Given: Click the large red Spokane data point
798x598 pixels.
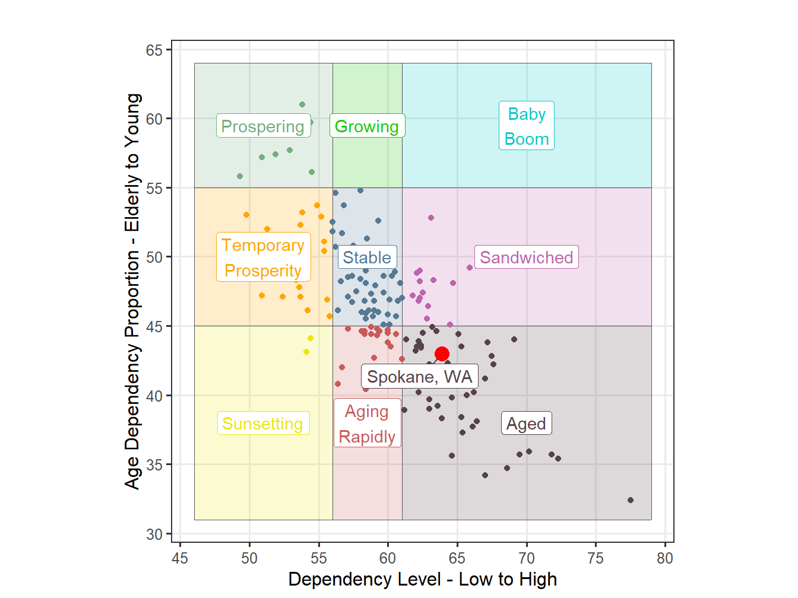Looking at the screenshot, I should click(442, 354).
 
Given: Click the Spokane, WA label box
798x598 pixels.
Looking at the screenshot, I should click(419, 377).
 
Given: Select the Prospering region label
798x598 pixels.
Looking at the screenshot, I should click(263, 126).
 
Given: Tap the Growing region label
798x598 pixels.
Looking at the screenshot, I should click(367, 126).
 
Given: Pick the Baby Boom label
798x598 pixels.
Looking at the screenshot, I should click(527, 126).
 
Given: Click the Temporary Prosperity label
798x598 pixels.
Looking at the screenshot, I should click(263, 257).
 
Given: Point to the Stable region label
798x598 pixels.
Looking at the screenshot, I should click(367, 257).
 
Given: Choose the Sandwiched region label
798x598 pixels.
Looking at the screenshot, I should click(526, 257).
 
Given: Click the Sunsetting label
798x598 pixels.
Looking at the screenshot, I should click(263, 424).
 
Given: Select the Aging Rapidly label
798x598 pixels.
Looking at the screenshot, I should click(367, 424).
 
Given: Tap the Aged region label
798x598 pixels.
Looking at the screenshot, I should click(526, 424).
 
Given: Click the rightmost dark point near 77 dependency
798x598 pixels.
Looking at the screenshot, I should click(631, 500).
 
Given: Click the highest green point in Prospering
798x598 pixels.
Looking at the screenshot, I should click(302, 104).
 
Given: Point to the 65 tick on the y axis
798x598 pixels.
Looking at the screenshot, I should click(154, 50).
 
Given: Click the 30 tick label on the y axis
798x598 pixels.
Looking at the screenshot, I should click(154, 535).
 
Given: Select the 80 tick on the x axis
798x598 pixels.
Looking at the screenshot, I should click(665, 558).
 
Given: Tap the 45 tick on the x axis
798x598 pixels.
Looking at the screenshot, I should click(180, 558).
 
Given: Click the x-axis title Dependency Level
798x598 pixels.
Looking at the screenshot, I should click(423, 580).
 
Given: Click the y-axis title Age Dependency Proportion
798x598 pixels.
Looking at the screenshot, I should click(133, 291).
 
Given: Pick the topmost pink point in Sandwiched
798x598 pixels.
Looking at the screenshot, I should click(431, 218).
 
